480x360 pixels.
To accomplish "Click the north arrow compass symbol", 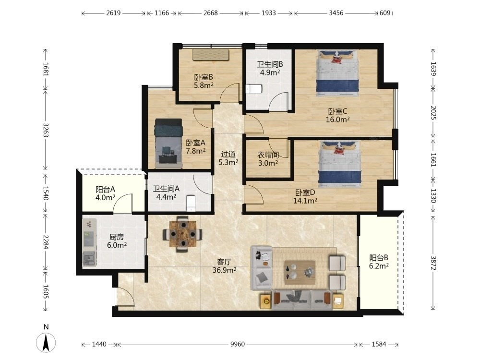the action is tap(46, 342).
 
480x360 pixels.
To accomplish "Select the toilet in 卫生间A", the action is tap(191, 203).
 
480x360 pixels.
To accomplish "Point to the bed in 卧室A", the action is tap(168, 143).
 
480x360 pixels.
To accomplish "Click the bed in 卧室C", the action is tap(337, 73).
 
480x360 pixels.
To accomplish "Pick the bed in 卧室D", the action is tap(340, 164).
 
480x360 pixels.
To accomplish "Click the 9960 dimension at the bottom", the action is tap(238, 344).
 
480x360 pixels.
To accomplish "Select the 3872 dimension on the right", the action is tap(433, 263).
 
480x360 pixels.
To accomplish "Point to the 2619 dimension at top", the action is tap(113, 13).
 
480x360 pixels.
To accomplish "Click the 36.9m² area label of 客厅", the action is tap(224, 270).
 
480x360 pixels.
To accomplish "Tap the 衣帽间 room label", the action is tap(268, 155).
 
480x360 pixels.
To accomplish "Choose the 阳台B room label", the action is tap(379, 258).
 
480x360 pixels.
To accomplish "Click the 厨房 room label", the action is tap(117, 237).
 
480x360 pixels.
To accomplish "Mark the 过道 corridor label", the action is tap(228, 154).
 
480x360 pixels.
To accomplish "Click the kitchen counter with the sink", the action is tap(89, 242).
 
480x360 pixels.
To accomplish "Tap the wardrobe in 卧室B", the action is tap(211, 55).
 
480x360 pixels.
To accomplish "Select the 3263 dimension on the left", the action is tap(45, 130).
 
